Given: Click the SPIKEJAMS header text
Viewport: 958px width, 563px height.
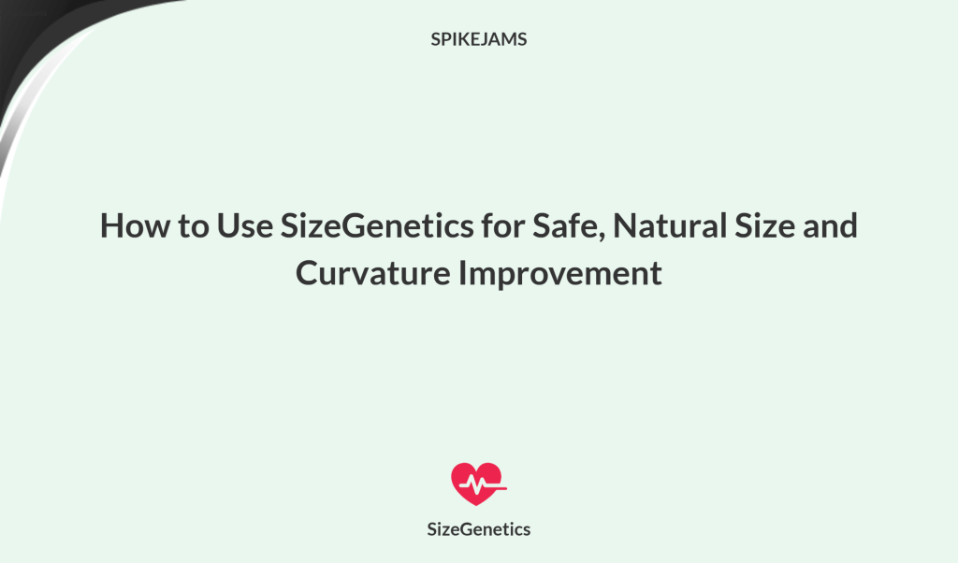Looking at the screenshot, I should point(478,40).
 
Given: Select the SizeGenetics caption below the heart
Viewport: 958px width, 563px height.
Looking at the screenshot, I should point(478,529).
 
